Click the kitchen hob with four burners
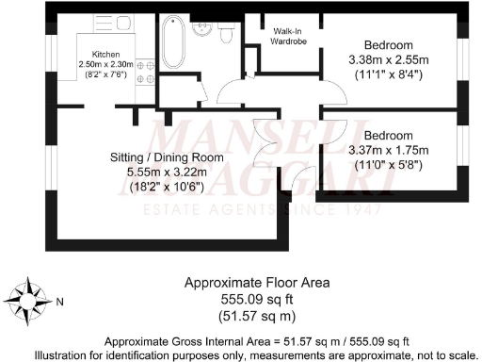click(146, 71)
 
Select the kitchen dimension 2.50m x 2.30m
click(106, 64)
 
